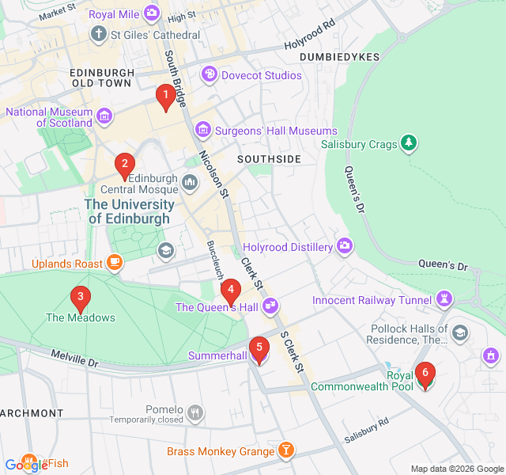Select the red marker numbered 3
[79, 298]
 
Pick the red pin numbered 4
[230, 291]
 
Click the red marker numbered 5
[259, 348]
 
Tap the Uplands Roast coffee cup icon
[115, 263]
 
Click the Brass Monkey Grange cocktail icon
[286, 451]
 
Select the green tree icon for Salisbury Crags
[409, 144]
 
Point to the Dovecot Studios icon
[210, 75]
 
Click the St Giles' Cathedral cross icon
[98, 35]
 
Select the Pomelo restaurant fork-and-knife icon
[194, 412]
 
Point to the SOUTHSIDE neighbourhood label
[270, 159]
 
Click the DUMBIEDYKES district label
[340, 57]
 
